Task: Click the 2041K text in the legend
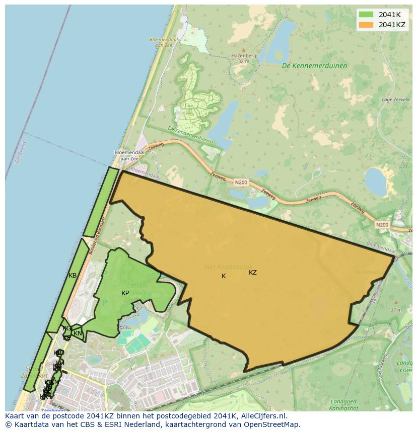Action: click(389, 14)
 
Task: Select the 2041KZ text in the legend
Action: click(392, 25)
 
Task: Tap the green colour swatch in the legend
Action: click(366, 14)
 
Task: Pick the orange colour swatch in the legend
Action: click(366, 25)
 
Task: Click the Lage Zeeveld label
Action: click(395, 100)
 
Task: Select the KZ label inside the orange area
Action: click(253, 273)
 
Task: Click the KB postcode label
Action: click(73, 276)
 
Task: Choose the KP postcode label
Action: click(125, 293)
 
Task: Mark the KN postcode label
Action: click(78, 333)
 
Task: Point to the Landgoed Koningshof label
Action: click(346, 405)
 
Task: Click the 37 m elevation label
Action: click(396, 310)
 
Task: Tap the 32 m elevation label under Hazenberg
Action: click(244, 61)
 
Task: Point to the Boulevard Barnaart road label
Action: click(97, 236)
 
